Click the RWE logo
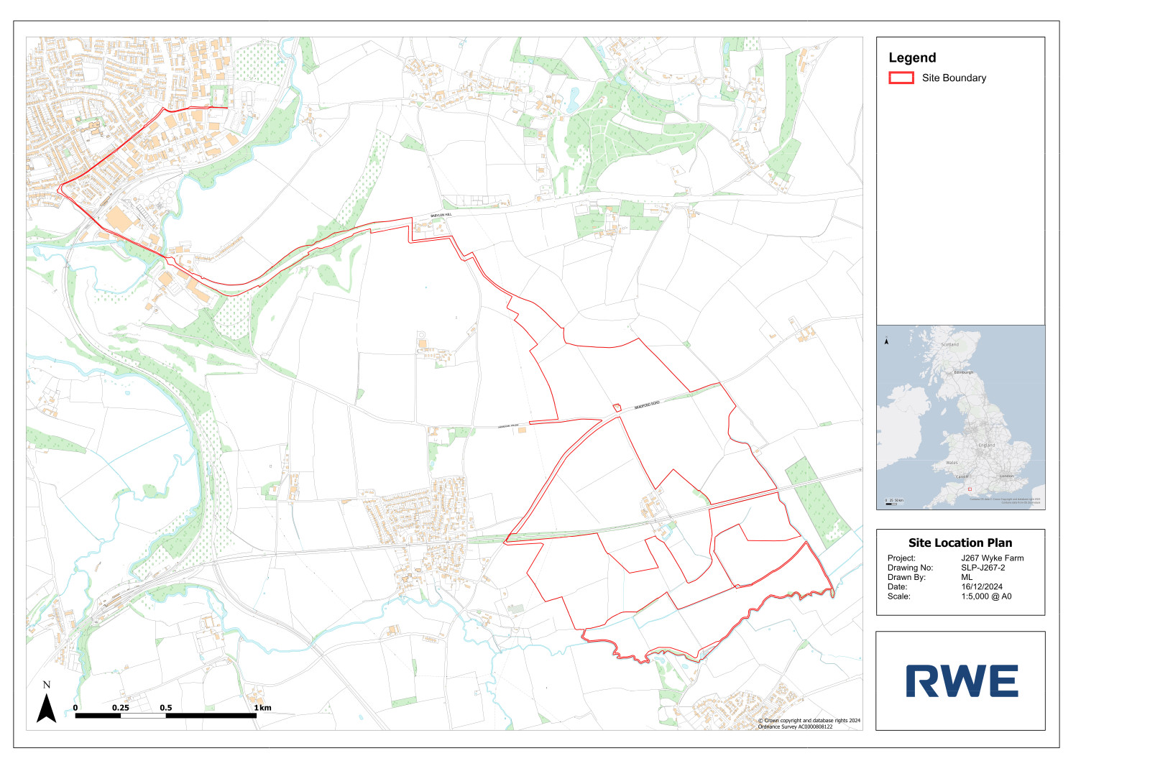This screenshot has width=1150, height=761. click(962, 681)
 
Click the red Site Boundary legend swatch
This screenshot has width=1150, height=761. click(901, 78)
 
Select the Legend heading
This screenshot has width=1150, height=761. click(912, 57)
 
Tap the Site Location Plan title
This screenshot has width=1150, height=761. click(960, 543)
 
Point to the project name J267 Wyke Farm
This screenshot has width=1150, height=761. click(992, 558)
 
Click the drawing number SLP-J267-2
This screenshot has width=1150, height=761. click(983, 568)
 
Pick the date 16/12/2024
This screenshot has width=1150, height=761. click(981, 586)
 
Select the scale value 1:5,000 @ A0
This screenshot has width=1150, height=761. click(985, 596)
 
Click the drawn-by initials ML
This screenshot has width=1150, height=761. click(967, 577)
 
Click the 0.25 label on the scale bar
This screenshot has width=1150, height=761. click(121, 708)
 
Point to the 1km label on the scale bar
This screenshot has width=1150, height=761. click(263, 708)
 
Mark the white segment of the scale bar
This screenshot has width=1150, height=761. click(143, 716)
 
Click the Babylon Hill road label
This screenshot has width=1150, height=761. click(441, 216)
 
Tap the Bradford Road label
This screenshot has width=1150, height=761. click(646, 406)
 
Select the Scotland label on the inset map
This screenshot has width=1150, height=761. click(949, 344)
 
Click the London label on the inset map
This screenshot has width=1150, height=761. click(1006, 476)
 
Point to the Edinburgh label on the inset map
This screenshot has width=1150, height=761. click(963, 372)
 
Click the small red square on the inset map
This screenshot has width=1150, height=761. click(970, 489)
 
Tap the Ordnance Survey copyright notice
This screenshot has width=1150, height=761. click(809, 723)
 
